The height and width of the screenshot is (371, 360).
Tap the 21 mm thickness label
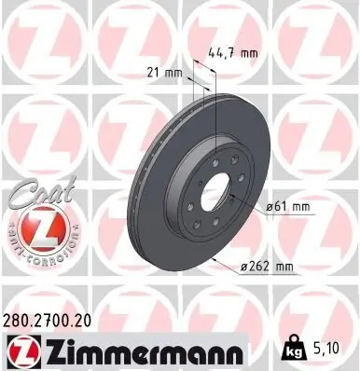(x=164, y=72)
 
